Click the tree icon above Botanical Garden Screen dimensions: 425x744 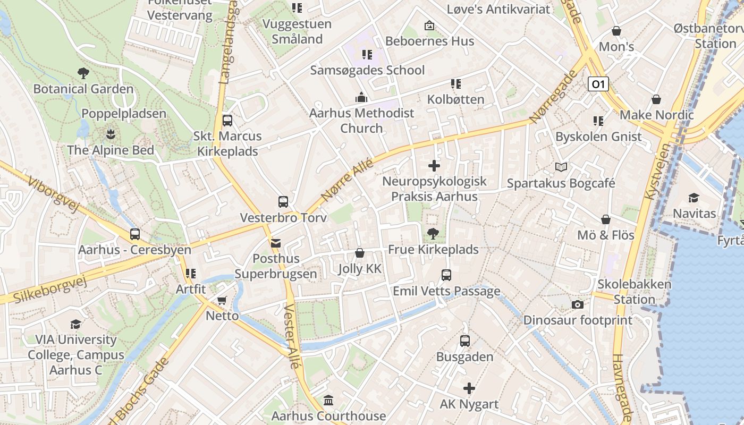pos(83,73)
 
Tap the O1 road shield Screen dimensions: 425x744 pos(598,84)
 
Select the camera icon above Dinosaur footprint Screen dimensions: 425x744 pos(578,305)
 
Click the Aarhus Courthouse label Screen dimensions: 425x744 pos(328,415)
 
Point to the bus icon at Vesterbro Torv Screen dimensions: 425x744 pos(283,202)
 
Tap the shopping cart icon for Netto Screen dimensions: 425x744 pos(222,301)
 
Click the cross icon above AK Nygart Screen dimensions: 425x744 pos(469,388)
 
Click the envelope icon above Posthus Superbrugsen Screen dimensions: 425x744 pos(276,243)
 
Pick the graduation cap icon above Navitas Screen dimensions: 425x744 pos(694,198)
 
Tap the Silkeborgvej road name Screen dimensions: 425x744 pos(48,290)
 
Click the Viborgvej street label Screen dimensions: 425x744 pos(54,194)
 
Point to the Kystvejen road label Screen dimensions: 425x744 pos(657,171)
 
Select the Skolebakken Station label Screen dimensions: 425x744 pos(635,292)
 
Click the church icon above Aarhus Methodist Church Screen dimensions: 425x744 pos(361,97)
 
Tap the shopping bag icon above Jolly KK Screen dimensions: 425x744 pos(360,253)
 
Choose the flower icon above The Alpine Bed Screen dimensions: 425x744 pos(110,133)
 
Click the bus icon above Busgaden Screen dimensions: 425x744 pos(465,341)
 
